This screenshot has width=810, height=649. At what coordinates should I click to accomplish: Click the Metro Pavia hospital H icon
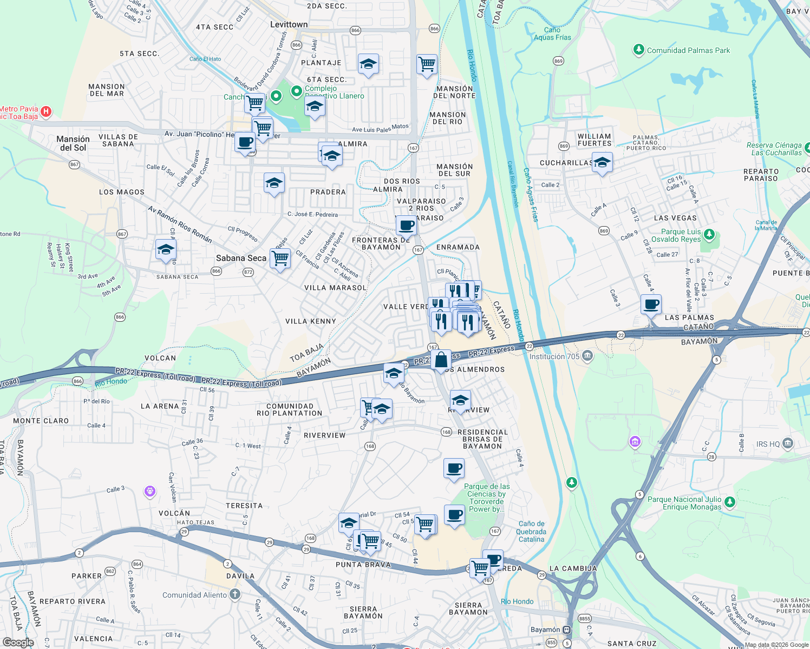click(46, 111)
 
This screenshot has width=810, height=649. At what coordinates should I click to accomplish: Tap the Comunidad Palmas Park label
click(688, 50)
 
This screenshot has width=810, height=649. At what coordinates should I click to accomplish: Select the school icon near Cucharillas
click(602, 162)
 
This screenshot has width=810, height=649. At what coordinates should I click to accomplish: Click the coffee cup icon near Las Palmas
click(651, 304)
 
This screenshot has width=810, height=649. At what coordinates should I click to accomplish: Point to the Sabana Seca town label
click(241, 258)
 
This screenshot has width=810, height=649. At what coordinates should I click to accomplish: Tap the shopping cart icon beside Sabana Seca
click(280, 259)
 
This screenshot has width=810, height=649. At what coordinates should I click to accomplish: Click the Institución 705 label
click(554, 356)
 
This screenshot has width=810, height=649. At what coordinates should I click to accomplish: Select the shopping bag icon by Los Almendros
click(441, 360)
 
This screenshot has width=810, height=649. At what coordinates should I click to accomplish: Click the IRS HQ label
click(768, 444)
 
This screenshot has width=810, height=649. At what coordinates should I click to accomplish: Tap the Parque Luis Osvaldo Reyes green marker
click(709, 235)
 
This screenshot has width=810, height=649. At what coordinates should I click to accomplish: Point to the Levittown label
click(289, 24)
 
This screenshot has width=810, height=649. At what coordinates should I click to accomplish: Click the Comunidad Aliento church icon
click(234, 594)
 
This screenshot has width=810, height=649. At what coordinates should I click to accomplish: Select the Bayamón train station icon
click(566, 630)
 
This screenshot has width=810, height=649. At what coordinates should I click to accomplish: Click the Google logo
click(18, 643)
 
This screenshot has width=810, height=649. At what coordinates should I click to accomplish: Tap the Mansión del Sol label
click(73, 143)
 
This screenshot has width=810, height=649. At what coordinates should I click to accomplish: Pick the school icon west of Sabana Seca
click(165, 250)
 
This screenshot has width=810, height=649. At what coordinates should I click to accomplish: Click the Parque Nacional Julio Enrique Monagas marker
click(729, 502)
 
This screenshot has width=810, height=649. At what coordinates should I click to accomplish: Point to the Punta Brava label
click(363, 565)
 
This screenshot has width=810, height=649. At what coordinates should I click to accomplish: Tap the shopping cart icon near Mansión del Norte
click(427, 64)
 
